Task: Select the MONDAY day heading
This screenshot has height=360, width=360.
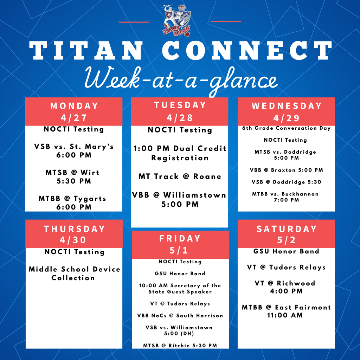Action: (74, 106)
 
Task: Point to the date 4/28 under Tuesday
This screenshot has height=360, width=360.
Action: (180, 117)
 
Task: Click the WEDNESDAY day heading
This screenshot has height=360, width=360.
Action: (287, 106)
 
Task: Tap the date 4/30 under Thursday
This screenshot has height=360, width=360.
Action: (74, 240)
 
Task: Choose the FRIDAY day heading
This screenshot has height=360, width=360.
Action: (180, 239)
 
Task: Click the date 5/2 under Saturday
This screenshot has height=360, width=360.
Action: (286, 240)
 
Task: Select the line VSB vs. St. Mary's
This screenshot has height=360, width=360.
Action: (74, 146)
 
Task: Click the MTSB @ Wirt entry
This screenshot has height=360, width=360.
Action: (73, 173)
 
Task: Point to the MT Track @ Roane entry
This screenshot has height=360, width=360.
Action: (180, 176)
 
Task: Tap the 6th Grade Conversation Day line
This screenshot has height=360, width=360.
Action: (287, 128)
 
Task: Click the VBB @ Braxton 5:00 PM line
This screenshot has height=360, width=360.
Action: (287, 170)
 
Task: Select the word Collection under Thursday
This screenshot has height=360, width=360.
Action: (73, 278)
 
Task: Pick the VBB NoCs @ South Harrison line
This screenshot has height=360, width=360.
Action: (180, 316)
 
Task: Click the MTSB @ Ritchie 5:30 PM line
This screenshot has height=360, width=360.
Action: (180, 346)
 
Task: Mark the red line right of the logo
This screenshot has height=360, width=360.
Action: (226, 22)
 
